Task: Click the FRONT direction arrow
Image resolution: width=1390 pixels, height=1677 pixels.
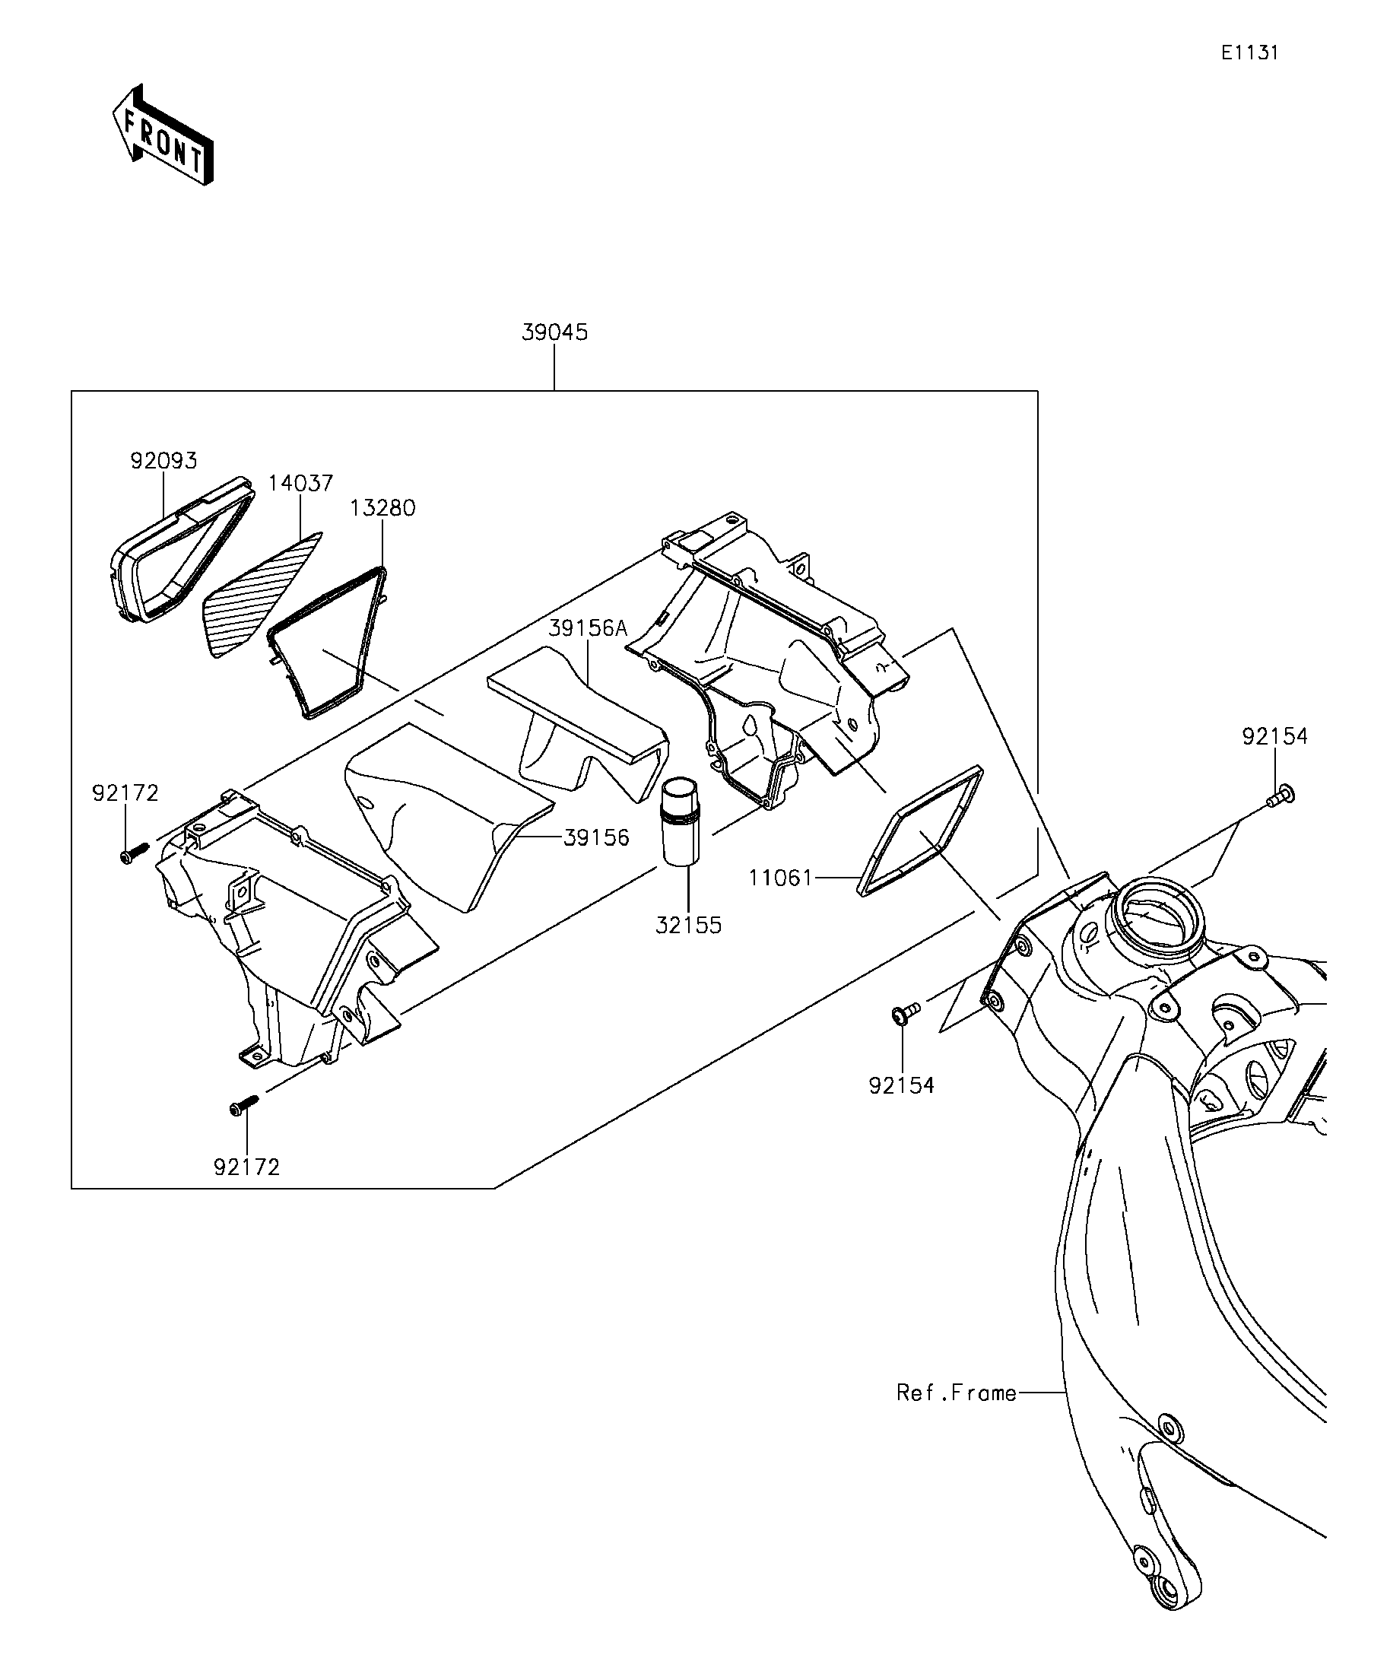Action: point(163,135)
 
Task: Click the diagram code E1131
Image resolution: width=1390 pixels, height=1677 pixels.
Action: point(1249,52)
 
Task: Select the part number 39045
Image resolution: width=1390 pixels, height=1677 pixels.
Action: point(555,332)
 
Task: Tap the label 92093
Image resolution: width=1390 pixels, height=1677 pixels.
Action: point(163,461)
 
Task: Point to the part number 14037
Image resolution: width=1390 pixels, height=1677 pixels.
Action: point(300,483)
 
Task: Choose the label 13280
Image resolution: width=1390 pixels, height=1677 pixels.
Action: point(382,508)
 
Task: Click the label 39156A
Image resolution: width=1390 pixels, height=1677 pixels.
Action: point(589,628)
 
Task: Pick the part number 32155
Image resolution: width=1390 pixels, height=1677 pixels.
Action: point(688,925)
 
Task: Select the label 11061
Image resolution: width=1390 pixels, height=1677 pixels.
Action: point(781,878)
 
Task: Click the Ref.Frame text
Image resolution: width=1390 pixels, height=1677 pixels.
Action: point(957,1393)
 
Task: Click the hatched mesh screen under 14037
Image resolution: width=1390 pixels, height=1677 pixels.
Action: point(262,593)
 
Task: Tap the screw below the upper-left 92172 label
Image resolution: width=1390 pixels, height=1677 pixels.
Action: point(134,852)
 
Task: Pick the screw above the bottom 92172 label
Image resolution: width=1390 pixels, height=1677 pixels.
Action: point(244,1104)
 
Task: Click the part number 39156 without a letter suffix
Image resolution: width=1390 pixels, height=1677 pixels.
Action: point(596,837)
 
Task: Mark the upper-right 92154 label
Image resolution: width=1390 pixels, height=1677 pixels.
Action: point(1275,736)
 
